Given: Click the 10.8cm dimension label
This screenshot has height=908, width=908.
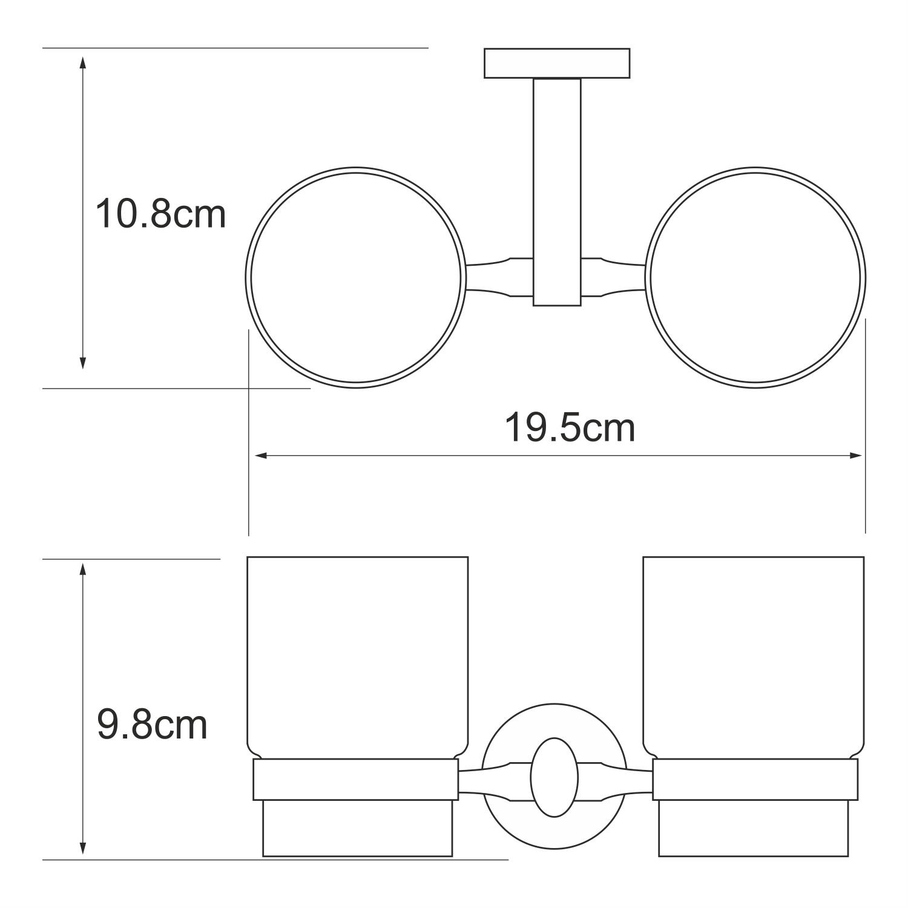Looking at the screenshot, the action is coord(160,214).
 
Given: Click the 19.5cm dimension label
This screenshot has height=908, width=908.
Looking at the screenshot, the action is coord(570,428).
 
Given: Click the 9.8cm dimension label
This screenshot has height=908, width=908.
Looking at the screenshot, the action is coord(152,725).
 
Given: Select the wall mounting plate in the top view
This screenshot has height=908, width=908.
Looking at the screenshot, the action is coord(557,64).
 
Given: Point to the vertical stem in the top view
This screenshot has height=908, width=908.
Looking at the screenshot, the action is coord(557,192).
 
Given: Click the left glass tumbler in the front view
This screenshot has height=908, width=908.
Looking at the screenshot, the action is coord(358,656).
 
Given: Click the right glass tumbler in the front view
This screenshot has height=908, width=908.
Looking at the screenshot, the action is coord(754,656).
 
